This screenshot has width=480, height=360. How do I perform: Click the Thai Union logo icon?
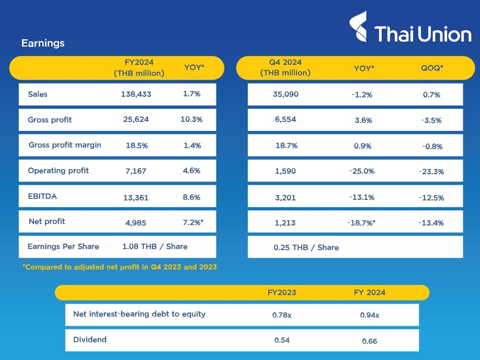[359, 27]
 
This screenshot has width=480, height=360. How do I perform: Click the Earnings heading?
[43, 43]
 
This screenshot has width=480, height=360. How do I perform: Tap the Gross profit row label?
[50, 120]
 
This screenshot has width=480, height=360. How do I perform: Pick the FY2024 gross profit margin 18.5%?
[136, 145]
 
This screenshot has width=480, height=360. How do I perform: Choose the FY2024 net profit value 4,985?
[136, 222]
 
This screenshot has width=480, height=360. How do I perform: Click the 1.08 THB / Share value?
[155, 246]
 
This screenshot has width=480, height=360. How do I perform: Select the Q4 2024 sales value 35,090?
[285, 95]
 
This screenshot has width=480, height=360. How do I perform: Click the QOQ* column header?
[432, 68]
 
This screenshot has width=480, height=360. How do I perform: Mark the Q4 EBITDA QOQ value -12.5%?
[431, 197]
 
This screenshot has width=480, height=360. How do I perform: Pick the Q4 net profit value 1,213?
[285, 223]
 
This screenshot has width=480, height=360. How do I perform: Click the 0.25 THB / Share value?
[306, 248]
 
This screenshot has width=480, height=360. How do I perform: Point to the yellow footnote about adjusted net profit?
[120, 267]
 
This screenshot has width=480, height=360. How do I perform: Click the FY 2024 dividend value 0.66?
[370, 341]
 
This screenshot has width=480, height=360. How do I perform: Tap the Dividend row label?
[90, 340]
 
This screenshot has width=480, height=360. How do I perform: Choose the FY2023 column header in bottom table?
[282, 292]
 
